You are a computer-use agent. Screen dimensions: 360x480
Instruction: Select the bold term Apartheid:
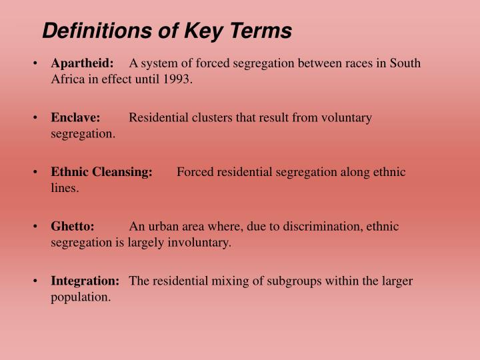83,63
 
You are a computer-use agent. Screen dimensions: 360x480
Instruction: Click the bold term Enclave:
75,118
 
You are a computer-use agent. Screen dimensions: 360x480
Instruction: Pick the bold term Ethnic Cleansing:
101,172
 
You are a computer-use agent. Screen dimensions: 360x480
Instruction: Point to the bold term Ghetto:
73,227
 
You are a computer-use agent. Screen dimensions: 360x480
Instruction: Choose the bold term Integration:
85,281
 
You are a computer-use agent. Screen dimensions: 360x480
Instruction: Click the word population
81,297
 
